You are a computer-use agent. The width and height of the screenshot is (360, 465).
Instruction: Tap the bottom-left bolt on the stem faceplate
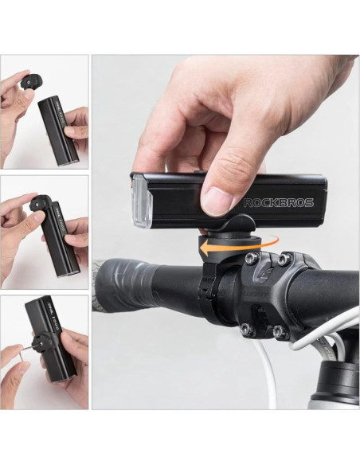tap(245, 327)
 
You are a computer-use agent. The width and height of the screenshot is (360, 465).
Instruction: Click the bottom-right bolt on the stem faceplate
tap(277, 330)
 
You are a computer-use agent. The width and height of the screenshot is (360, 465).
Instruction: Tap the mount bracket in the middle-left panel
tap(41, 204)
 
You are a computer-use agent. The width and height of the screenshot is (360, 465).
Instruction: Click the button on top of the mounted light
tap(198, 171)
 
